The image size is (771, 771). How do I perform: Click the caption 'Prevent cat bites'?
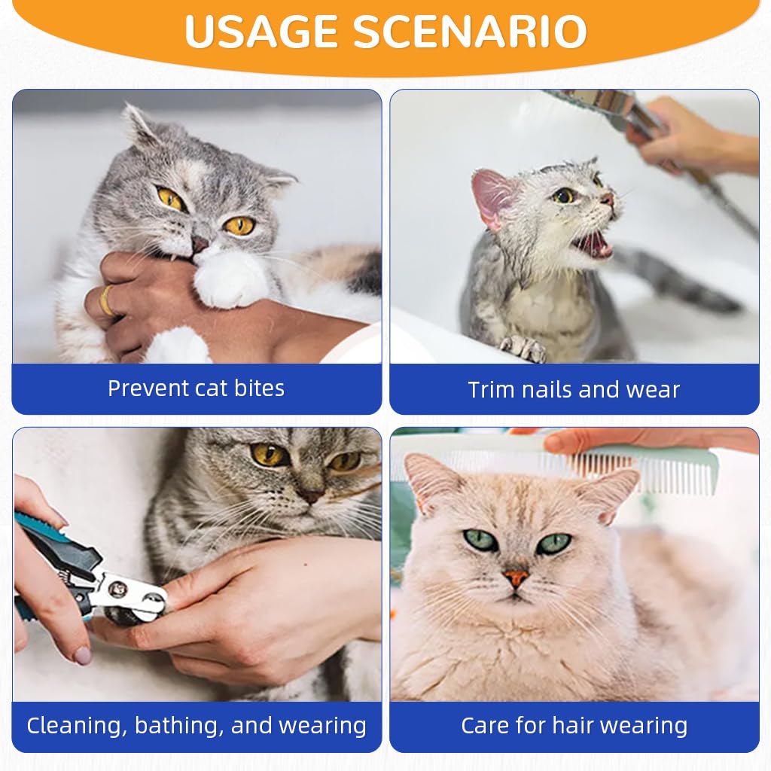click(x=196, y=389)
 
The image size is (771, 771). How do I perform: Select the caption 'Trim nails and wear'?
click(x=574, y=390)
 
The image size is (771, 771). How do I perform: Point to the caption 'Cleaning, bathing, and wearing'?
click(x=197, y=726)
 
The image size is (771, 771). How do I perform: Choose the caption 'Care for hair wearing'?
click(x=574, y=726)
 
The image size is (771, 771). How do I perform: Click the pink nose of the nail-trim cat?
click(x=310, y=497)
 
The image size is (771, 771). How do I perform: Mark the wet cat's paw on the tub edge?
click(x=524, y=347)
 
